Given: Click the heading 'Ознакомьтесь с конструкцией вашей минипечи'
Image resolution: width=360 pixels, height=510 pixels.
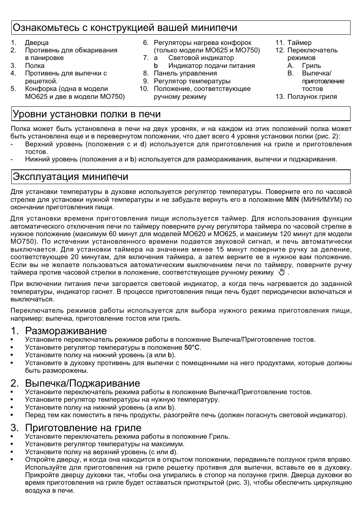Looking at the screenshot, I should (125, 28).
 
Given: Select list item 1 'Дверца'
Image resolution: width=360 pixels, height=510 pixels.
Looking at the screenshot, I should (37, 43).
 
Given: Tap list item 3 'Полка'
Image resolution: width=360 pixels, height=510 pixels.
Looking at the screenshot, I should (35, 66).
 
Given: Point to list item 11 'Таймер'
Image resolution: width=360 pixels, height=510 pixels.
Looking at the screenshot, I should (299, 43).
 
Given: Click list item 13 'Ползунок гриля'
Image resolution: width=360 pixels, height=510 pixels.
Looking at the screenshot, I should (312, 97).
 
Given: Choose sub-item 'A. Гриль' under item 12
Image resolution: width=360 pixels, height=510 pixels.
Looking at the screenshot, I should (311, 66).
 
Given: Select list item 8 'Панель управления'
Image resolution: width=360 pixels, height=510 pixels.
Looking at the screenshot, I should (185, 73).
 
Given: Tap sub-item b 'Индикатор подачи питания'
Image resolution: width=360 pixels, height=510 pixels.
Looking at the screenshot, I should (211, 66).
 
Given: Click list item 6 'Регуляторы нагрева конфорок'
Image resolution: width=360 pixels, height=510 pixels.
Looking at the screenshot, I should (202, 43).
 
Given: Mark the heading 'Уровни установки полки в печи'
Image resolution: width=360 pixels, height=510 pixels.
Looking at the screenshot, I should (87, 114).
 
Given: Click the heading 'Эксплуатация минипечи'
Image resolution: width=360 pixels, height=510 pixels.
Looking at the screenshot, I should (71, 177).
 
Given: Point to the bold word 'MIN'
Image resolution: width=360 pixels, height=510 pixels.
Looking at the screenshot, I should (292, 200).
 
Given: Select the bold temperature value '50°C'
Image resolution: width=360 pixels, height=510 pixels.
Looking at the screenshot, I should (192, 347).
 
